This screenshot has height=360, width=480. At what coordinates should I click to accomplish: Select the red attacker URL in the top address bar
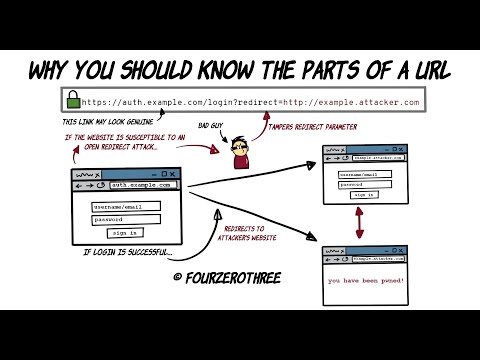[x=357, y=101]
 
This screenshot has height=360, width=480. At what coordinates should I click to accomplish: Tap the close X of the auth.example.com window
[x=173, y=174]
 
